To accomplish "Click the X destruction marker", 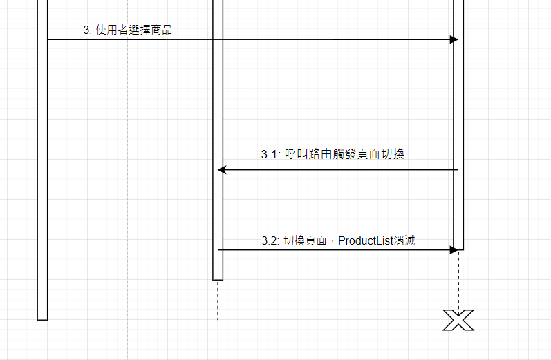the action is (458, 319).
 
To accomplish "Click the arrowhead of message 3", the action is (454, 39).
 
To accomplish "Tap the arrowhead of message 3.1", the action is (222, 169).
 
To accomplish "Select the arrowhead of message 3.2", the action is (454, 249).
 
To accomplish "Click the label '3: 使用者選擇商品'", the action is (127, 30).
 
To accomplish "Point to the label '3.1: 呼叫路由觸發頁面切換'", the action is (332, 154).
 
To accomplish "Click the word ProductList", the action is (366, 240).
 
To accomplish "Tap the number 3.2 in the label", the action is (269, 240).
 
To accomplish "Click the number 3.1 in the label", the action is (269, 155).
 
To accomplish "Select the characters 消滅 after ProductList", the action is (404, 240).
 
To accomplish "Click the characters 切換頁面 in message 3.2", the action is (306, 240).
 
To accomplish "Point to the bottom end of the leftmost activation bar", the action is (42, 319).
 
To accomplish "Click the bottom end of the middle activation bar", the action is (218, 278).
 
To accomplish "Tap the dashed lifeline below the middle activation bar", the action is (218, 301).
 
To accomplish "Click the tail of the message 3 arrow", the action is (49, 39).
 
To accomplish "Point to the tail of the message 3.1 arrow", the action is (457, 169).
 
